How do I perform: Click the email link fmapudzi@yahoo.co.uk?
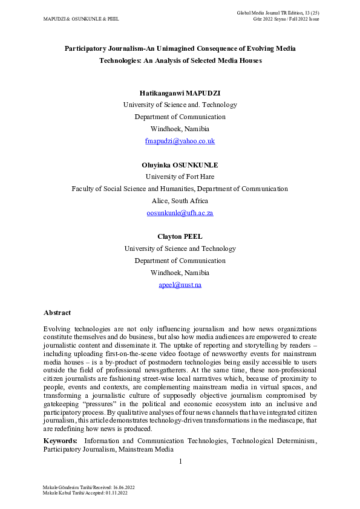point(180,141)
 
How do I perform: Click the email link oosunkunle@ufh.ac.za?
point(180,213)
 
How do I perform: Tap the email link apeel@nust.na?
point(180,285)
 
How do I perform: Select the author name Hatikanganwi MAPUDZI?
point(180,92)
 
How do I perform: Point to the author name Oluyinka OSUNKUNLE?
point(180,164)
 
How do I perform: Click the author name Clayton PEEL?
point(180,236)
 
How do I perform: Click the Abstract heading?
point(57,313)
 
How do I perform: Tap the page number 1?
point(180,462)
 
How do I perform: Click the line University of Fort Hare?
point(180,177)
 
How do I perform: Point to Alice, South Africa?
point(180,201)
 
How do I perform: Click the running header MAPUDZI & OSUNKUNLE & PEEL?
point(81,19)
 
